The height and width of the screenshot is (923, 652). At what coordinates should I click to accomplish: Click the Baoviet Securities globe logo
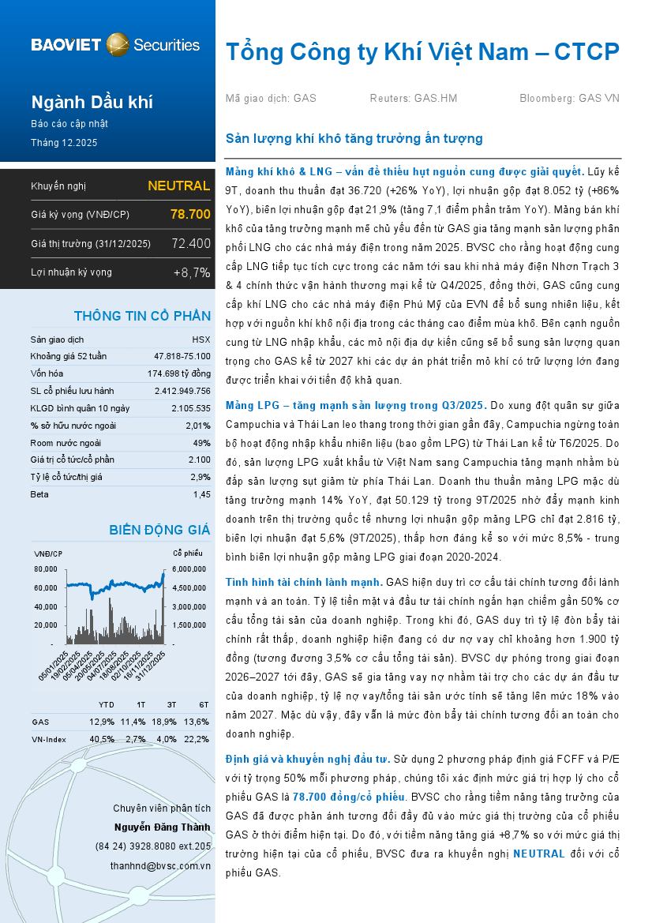(118, 44)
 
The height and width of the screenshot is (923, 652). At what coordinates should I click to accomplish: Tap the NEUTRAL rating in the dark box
(178, 186)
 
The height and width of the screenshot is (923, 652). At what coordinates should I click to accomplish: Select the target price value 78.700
(190, 214)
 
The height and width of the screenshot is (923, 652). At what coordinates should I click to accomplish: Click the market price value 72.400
(191, 243)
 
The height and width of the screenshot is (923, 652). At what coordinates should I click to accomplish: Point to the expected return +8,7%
(192, 272)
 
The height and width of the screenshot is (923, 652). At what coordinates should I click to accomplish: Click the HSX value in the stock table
(201, 339)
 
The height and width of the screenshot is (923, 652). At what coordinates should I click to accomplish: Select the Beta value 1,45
(201, 494)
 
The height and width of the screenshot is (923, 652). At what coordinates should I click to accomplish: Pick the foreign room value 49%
(201, 442)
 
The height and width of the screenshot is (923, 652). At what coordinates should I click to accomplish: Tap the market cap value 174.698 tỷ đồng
(179, 373)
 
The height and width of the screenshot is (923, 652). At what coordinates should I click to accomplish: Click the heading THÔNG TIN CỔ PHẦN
(142, 316)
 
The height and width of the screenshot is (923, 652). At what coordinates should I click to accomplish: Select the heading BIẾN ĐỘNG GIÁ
(159, 530)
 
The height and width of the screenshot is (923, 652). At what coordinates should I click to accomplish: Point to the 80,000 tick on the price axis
(46, 568)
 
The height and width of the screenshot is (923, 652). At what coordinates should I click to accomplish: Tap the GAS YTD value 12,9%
(102, 722)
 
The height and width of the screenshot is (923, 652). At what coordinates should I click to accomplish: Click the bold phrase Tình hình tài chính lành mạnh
(304, 582)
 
